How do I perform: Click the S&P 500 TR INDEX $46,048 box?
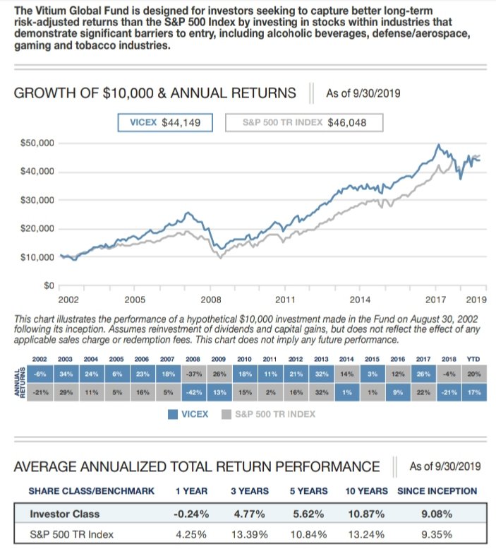(x=304, y=122)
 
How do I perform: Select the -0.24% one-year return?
(x=190, y=513)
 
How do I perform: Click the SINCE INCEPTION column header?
(x=437, y=490)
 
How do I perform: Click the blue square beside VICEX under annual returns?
(x=171, y=414)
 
